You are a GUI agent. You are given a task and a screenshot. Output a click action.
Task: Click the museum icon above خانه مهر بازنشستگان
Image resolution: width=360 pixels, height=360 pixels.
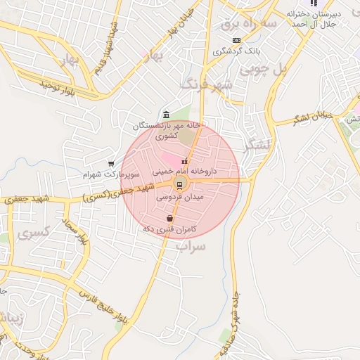click(165, 115)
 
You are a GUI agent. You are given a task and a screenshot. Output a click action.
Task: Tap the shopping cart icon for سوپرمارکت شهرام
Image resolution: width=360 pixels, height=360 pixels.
click(111, 163)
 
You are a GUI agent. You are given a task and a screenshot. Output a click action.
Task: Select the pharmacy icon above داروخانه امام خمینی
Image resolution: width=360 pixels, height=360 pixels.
click(185, 162)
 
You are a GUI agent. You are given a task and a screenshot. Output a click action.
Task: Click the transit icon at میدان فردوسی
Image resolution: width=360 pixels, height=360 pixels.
click(180, 185)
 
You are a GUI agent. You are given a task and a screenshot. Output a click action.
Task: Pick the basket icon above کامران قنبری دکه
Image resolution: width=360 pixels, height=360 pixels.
click(170, 219)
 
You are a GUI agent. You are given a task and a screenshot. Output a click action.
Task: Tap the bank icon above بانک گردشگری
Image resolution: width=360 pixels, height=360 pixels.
click(236, 41)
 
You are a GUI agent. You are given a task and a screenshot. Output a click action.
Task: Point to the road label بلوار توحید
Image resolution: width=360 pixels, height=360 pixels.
click(57, 86)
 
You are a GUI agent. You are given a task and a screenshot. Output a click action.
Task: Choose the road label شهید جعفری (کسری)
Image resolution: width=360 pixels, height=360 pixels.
click(116, 193)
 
